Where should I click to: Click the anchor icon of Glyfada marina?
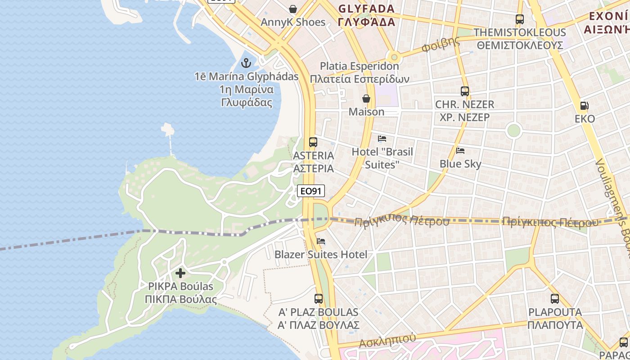point(246,63)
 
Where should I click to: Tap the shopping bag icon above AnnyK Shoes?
point(293,9)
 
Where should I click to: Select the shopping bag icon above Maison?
point(366,99)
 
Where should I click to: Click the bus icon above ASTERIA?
point(313,142)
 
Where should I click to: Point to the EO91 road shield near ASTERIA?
point(311,191)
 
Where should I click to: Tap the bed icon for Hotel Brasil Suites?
point(382,138)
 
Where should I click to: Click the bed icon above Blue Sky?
point(460,150)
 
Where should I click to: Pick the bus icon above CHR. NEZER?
point(465,91)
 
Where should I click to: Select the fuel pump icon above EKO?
point(584,106)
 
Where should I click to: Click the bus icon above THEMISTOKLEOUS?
point(520,19)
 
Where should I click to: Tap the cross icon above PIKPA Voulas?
point(180,273)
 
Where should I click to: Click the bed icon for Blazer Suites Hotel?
point(321,241)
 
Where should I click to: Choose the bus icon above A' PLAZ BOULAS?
point(319,298)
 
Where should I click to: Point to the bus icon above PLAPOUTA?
point(555,298)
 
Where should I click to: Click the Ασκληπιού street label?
point(387,341)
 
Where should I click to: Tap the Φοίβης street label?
point(441,44)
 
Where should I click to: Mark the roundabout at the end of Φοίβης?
point(394,57)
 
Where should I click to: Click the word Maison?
point(367,112)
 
